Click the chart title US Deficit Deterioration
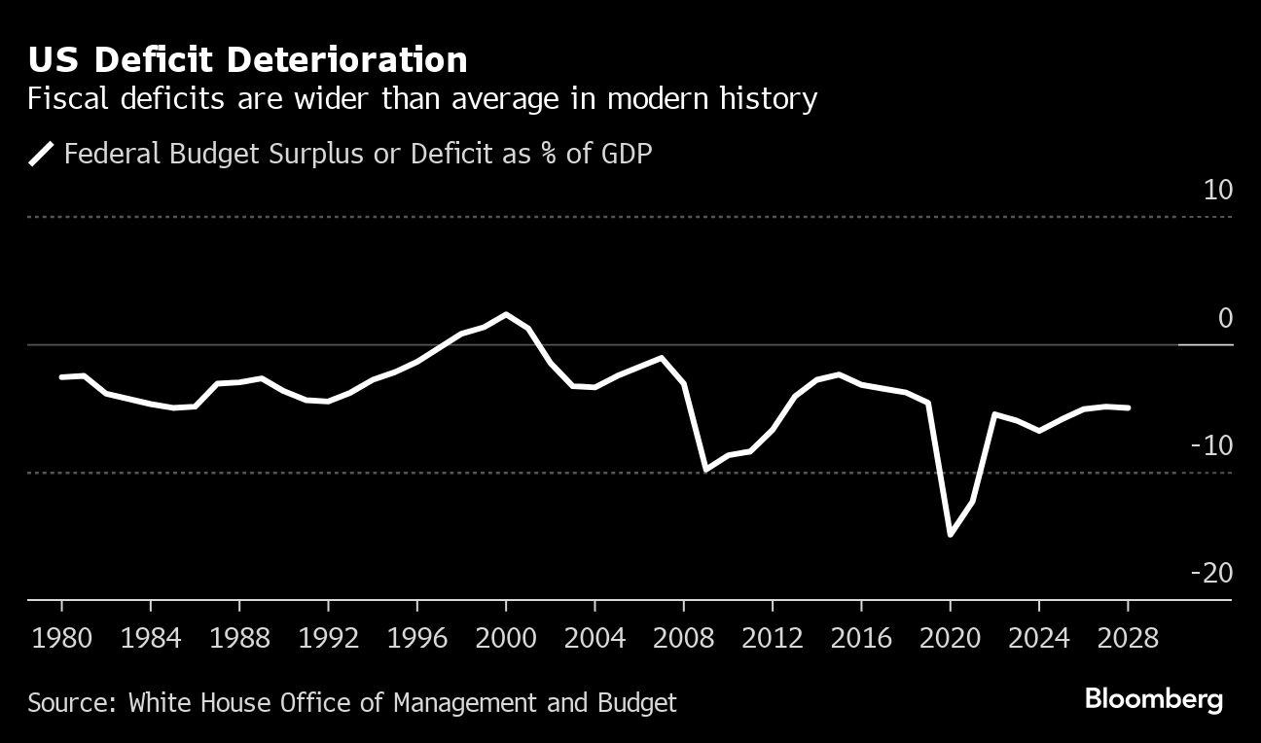[248, 60]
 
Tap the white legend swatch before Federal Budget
[42, 154]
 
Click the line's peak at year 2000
[506, 314]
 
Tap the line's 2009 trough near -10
[705, 470]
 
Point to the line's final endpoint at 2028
[1128, 407]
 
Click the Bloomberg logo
[1154, 699]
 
